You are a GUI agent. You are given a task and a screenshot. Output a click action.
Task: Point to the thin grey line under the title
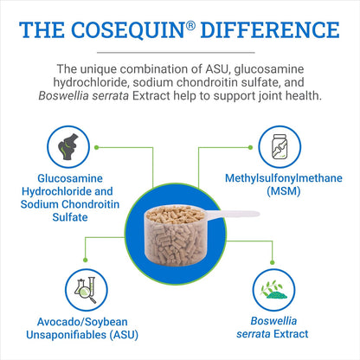pyautogui.click(x=180, y=53)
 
